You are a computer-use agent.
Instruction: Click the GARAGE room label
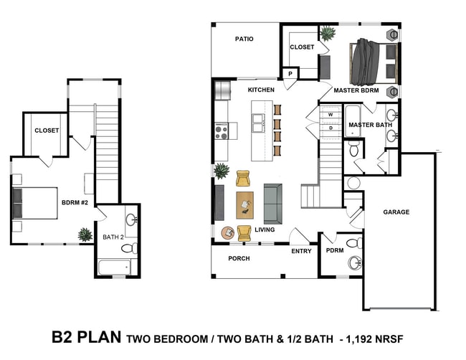point(396,212)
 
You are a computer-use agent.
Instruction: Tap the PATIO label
point(244,39)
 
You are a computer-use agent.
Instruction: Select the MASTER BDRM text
point(356,90)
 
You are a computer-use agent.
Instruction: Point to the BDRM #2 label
point(75,203)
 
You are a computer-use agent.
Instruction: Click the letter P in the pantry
point(290,73)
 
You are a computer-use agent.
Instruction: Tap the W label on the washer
point(331,115)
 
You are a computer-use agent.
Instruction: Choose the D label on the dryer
point(331,128)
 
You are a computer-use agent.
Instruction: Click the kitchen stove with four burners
point(222,131)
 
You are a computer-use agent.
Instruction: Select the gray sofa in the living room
point(273,204)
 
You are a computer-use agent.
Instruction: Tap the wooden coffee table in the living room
point(245,205)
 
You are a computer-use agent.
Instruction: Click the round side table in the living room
point(229,233)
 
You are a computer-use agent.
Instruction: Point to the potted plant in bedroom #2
point(85,235)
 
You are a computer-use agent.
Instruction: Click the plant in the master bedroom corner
point(328,33)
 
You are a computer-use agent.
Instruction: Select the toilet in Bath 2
point(129,248)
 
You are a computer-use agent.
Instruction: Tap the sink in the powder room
point(355,262)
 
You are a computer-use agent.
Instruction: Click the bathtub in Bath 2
point(115,267)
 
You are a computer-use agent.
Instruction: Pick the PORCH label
point(239,259)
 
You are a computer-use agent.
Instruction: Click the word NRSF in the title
point(389,339)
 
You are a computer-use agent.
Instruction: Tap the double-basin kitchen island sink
point(258,123)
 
